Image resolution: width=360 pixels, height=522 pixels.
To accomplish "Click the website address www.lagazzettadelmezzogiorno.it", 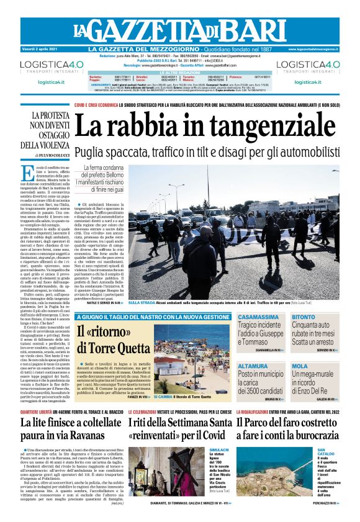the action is point(313,49).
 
